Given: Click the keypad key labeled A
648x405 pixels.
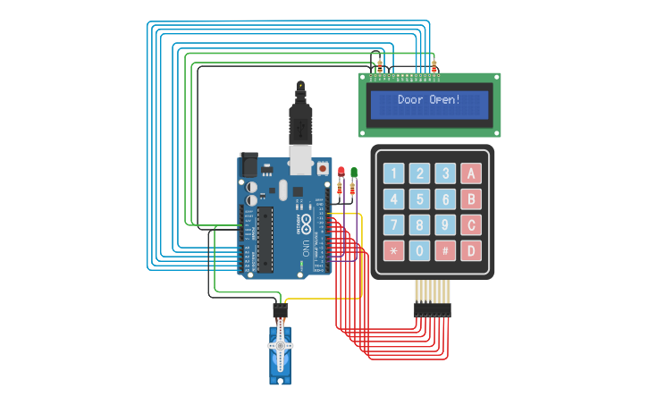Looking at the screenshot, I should tap(471, 173).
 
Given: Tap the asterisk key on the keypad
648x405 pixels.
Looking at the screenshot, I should tap(394, 250).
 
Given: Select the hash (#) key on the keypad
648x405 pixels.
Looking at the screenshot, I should tap(445, 250).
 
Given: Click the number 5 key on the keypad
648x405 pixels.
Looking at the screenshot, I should tap(420, 198).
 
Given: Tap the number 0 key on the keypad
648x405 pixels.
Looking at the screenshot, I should tap(420, 250).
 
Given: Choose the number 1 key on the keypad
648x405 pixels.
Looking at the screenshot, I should tap(394, 173).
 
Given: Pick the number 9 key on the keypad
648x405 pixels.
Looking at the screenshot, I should tap(445, 224).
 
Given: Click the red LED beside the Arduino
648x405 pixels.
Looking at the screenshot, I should tap(341, 171).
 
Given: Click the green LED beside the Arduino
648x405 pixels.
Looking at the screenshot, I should tap(354, 171).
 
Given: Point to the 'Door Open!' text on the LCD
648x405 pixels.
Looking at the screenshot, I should tap(429, 100).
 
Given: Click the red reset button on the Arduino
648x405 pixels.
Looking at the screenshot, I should tap(322, 167).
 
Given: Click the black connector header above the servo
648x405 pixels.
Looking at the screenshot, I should tap(280, 309).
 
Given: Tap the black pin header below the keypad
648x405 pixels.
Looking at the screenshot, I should tap(432, 309).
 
